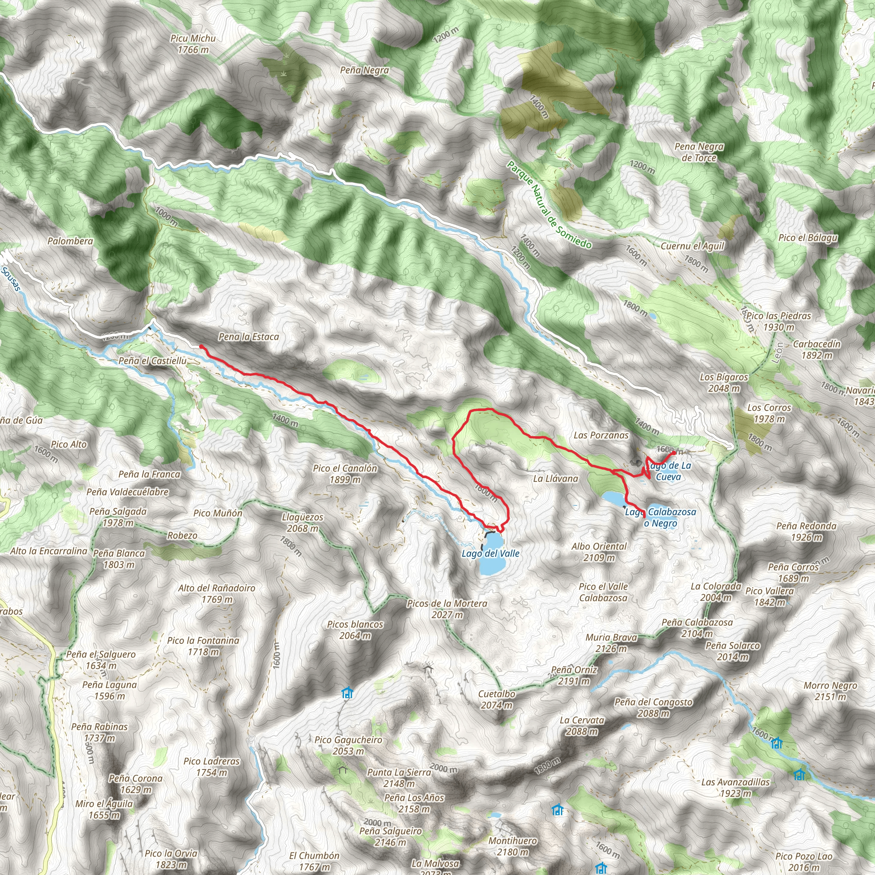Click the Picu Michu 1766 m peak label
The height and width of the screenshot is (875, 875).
(x=193, y=44)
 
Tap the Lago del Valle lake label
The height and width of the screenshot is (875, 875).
(x=490, y=553)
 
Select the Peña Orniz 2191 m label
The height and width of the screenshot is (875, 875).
(x=574, y=675)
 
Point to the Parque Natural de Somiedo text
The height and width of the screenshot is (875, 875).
(x=549, y=205)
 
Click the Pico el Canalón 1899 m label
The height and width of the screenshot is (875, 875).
(x=345, y=474)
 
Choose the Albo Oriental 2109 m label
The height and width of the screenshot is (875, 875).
(x=599, y=552)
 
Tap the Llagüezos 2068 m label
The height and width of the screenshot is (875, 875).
(x=302, y=523)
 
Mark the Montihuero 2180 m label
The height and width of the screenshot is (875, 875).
(x=513, y=846)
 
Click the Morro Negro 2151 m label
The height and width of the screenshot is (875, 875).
(x=830, y=691)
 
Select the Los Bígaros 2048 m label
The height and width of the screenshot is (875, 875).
(x=724, y=382)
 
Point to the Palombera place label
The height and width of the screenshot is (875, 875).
(x=70, y=241)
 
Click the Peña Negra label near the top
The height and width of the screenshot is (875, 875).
(x=364, y=70)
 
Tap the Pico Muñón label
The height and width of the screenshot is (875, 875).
(x=218, y=513)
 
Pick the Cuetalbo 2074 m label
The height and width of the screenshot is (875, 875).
(x=497, y=699)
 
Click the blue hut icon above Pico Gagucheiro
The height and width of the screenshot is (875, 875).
(x=347, y=693)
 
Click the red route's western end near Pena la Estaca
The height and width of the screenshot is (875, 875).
(x=201, y=346)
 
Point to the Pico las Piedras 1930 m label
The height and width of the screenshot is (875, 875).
(x=778, y=321)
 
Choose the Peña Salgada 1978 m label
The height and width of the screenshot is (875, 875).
(x=118, y=517)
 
